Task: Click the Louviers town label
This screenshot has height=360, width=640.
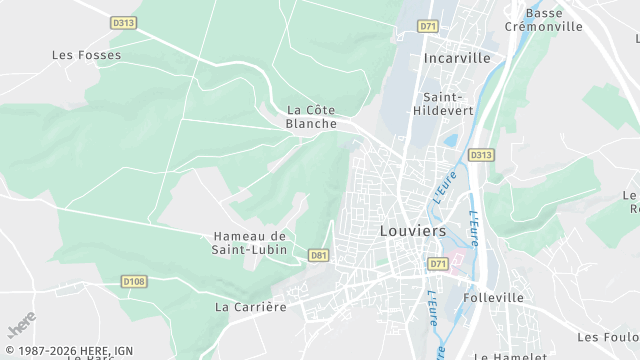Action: pos(413,230)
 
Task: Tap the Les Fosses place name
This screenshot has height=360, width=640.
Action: pos(86,55)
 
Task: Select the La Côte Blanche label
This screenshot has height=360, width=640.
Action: pos(310,117)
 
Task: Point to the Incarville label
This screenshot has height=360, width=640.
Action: pos(457,58)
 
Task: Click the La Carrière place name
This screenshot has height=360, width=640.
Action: pos(251,306)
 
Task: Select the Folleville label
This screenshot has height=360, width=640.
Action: pos(494,297)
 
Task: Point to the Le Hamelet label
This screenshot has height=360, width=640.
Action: pos(506,355)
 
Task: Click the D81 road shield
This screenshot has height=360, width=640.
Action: pos(319,255)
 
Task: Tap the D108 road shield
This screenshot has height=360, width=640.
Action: pos(134,282)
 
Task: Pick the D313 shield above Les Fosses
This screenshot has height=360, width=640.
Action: pos(124,22)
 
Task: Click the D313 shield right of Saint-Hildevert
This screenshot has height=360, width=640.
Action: pos(481,155)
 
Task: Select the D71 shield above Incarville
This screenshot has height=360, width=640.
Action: pos(429,26)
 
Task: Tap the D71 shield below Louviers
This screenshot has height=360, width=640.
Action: pos(438,264)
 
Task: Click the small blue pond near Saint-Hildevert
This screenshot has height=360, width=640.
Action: pos(450,142)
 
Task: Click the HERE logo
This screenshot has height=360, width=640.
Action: pos(21,327)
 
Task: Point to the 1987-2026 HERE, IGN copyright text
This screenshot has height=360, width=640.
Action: pos(67,351)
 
